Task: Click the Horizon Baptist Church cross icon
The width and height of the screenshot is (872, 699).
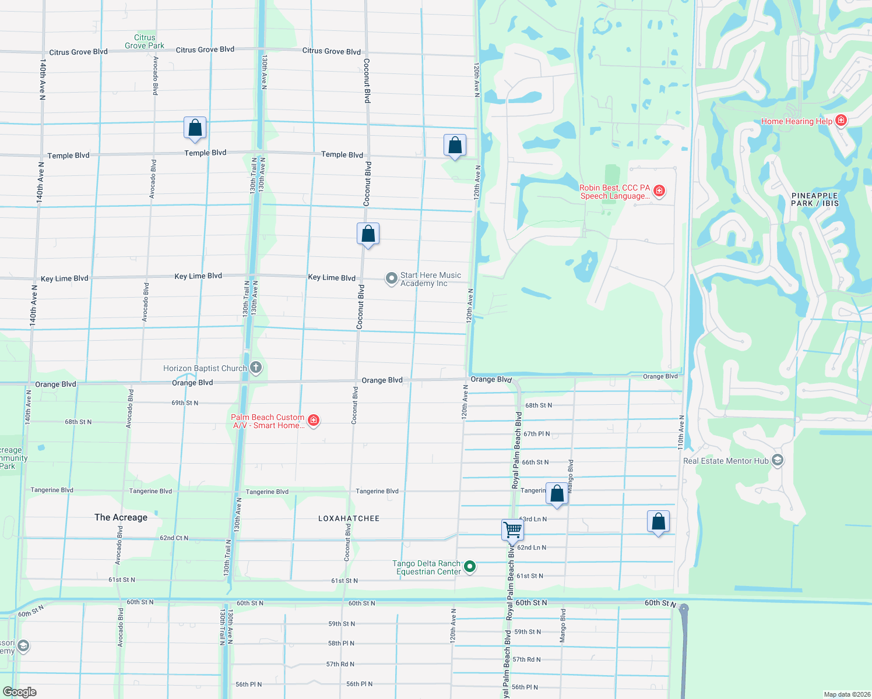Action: [255, 368]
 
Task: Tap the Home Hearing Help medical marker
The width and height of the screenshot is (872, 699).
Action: [841, 121]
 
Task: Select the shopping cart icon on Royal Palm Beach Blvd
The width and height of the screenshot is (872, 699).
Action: [513, 530]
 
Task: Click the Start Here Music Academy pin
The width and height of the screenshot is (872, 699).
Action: [392, 278]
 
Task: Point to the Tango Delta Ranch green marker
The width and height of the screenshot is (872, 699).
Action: [470, 566]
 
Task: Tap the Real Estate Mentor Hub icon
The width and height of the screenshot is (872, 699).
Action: [777, 460]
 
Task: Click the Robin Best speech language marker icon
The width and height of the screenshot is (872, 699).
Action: [659, 191]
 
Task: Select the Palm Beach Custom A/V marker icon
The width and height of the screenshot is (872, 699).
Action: [314, 421]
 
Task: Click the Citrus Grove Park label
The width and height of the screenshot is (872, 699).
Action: [145, 41]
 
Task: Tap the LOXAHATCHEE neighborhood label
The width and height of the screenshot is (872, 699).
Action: [349, 518]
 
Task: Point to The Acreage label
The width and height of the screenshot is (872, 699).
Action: [121, 517]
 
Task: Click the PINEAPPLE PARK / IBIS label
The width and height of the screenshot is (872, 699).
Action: [814, 199]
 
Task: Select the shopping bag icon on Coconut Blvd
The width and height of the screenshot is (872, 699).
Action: [368, 234]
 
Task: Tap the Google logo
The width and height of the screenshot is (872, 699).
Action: [20, 691]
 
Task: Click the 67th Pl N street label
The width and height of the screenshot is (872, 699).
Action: [536, 434]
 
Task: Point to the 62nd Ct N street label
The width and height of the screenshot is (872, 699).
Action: [174, 538]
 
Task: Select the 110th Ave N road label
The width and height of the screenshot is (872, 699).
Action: [681, 432]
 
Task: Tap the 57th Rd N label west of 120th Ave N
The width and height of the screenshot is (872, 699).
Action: [340, 664]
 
